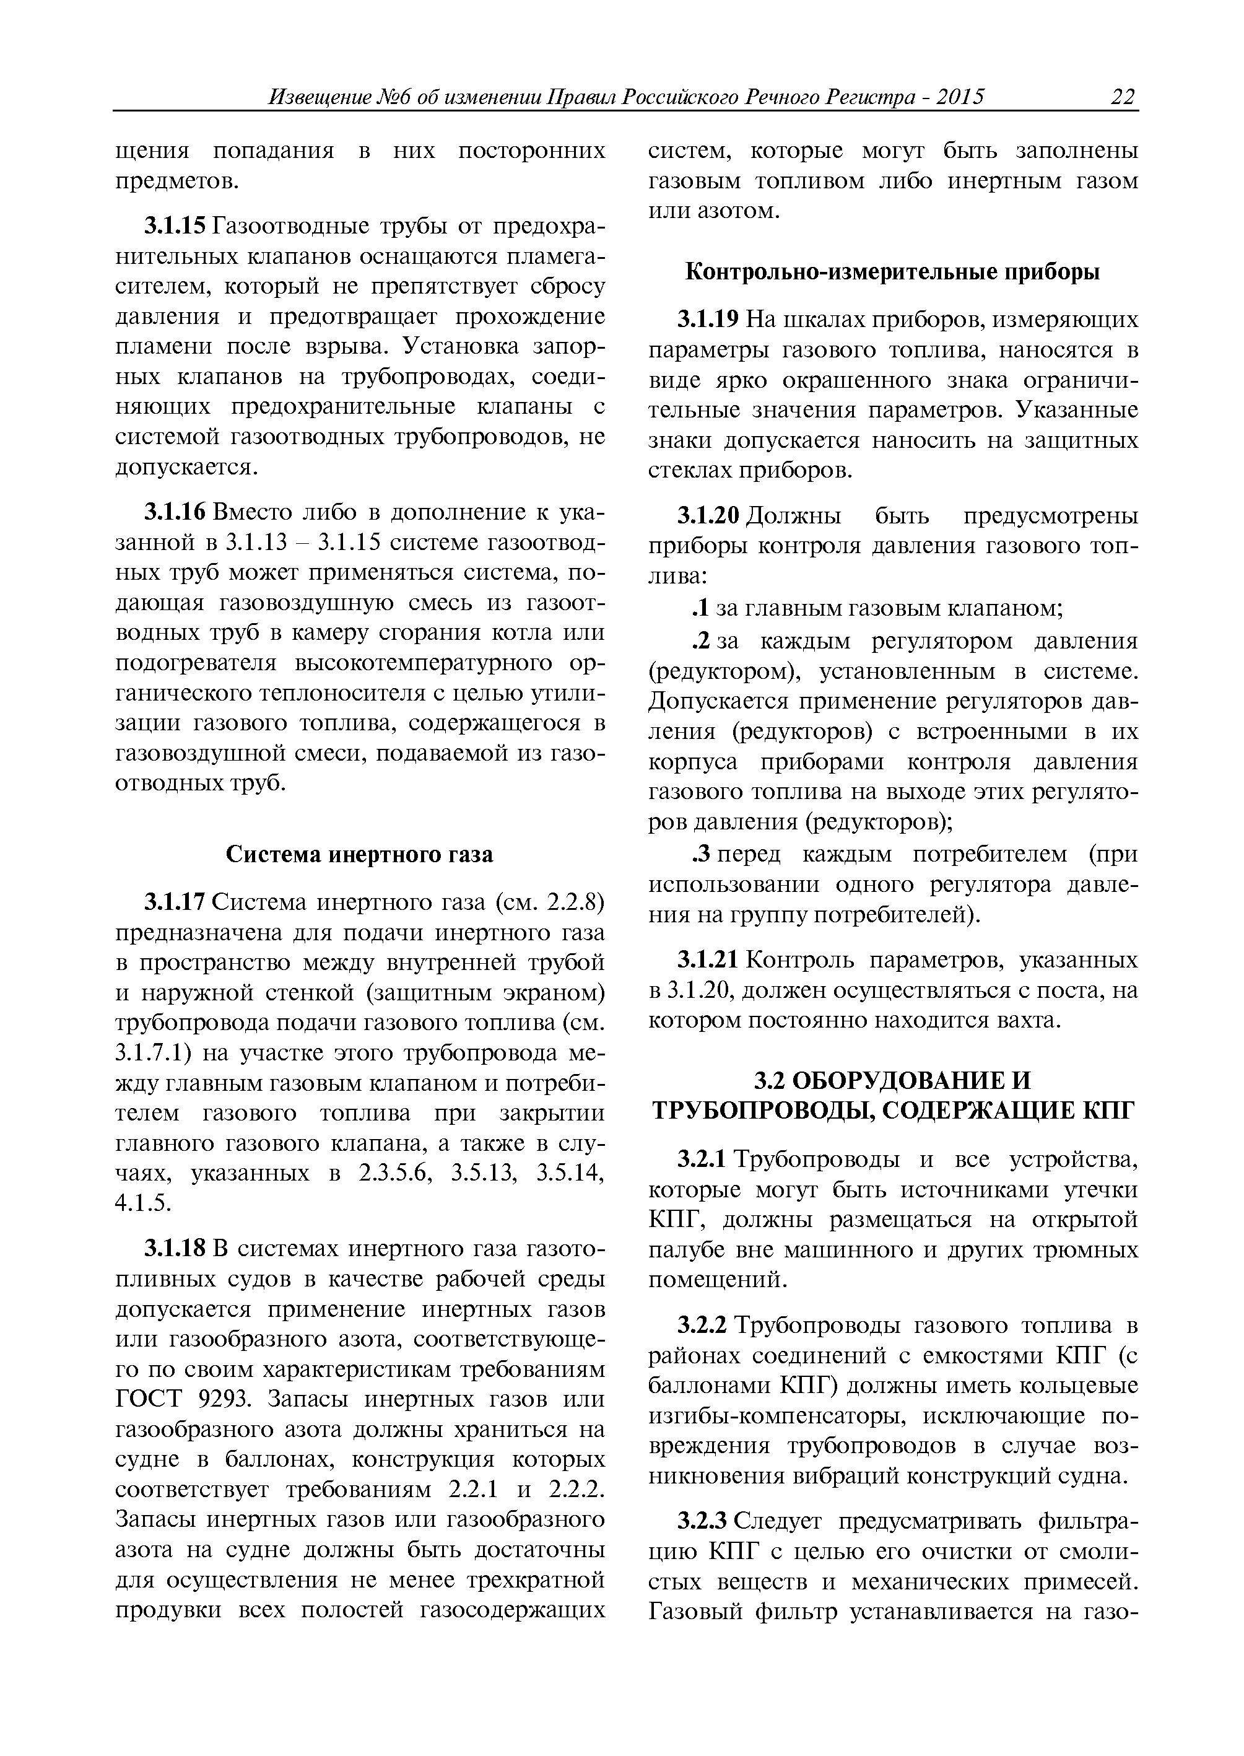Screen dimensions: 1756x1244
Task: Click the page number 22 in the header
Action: click(x=1122, y=97)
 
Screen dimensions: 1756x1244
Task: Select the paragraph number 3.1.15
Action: click(x=175, y=227)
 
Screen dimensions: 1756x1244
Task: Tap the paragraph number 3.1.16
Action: click(x=175, y=512)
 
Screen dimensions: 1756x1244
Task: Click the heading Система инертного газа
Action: click(x=359, y=854)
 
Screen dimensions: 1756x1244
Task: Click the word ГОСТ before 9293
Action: click(x=151, y=1400)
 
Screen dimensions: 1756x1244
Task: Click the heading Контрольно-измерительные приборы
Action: click(x=892, y=272)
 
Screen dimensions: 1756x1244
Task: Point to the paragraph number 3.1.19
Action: click(x=708, y=320)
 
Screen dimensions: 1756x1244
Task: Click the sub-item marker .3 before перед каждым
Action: click(x=701, y=854)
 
